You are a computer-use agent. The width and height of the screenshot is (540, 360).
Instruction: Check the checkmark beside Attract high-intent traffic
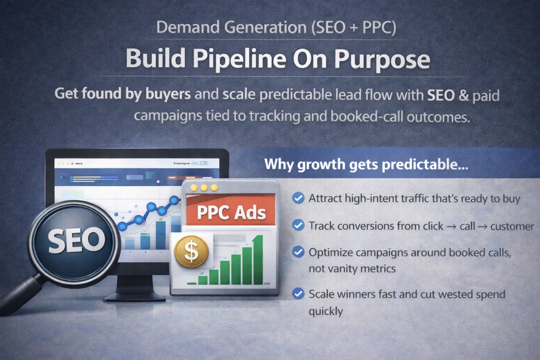(x=297, y=198)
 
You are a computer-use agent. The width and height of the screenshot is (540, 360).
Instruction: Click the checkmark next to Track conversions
(x=297, y=225)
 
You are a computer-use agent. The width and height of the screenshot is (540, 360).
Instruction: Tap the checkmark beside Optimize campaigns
(x=297, y=252)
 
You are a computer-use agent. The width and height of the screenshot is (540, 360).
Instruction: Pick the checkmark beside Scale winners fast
(x=297, y=294)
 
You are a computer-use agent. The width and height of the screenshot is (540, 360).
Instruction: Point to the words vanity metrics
(x=352, y=269)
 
